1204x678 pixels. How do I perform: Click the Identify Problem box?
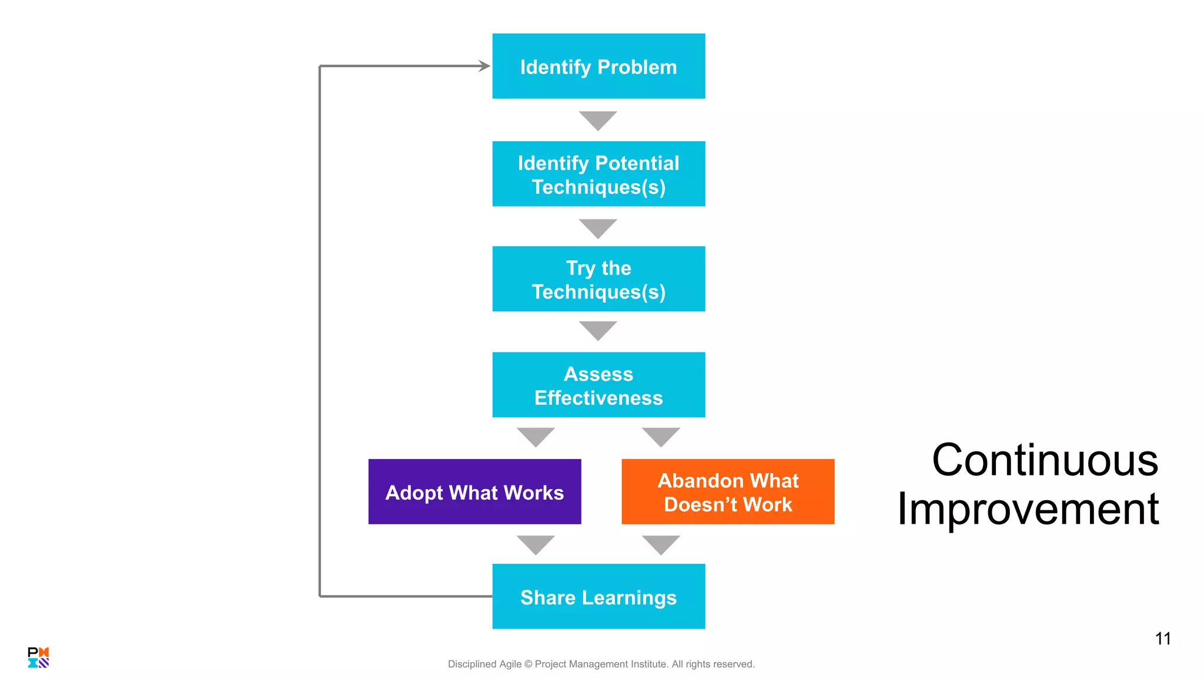click(x=598, y=66)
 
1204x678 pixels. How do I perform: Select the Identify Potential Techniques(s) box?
click(x=598, y=174)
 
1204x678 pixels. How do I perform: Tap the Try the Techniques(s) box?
click(x=598, y=279)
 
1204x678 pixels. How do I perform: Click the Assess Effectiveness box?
click(x=598, y=385)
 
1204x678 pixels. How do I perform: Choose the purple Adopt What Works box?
click(x=474, y=491)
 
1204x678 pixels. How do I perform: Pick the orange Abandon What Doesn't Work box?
click(x=728, y=491)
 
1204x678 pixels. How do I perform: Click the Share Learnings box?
click(x=598, y=596)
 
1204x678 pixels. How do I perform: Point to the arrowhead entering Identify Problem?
click(x=484, y=66)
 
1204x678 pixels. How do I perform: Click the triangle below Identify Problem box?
click(x=598, y=119)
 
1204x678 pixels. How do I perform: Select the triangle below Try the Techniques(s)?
click(x=598, y=329)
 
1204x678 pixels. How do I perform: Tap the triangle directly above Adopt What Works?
click(x=536, y=436)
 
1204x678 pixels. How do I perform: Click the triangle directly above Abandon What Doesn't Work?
click(x=661, y=436)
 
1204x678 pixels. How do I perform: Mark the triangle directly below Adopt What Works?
click(x=536, y=543)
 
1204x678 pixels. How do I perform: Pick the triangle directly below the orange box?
click(x=661, y=543)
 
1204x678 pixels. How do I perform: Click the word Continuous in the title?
click(x=1045, y=460)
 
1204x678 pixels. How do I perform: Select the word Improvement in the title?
click(x=1028, y=509)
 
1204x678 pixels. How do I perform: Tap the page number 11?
click(x=1162, y=639)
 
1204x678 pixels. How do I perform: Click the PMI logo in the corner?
click(x=38, y=657)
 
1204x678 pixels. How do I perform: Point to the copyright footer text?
click(x=601, y=664)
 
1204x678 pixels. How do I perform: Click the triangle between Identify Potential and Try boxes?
click(x=598, y=227)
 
